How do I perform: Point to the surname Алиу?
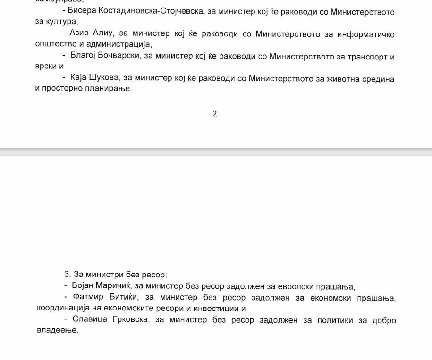102,33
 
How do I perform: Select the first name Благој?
83,56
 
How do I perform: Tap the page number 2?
215,114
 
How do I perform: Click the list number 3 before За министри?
67,275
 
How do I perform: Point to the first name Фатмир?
89,297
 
